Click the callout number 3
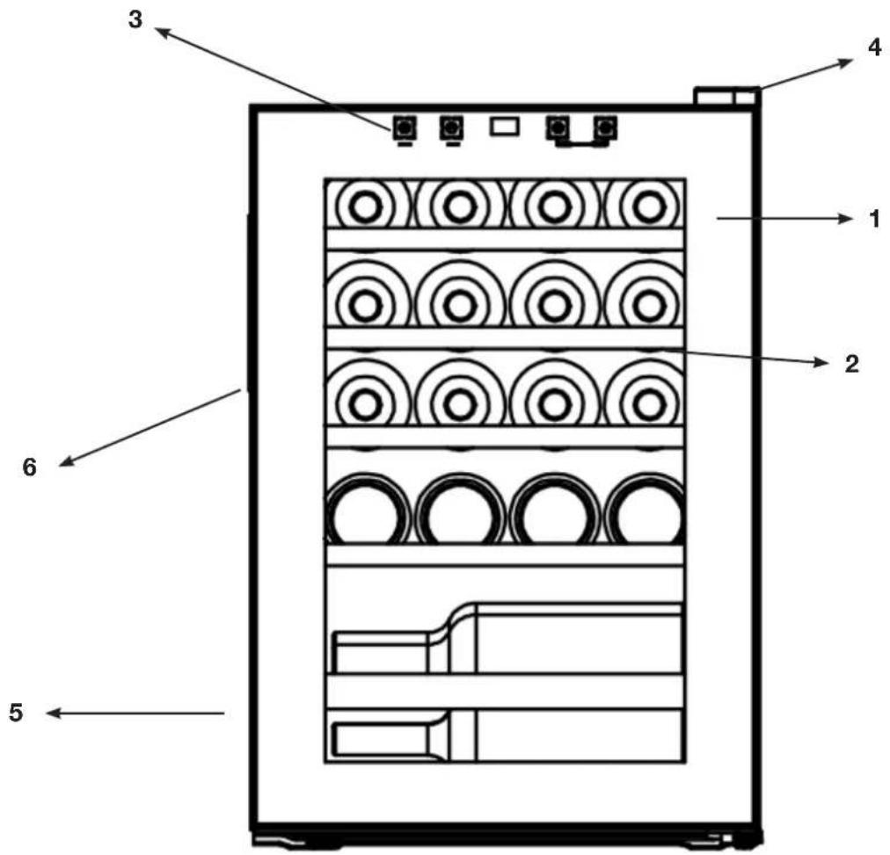tap(135, 20)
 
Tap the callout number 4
tap(875, 47)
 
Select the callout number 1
tap(875, 219)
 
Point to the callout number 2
tap(852, 364)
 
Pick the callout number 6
tap(30, 467)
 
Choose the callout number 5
tap(16, 713)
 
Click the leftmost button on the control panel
tap(404, 128)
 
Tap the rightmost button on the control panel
tap(606, 128)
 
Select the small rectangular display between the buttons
tap(505, 127)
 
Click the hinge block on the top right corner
tap(727, 96)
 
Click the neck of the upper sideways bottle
tap(380, 652)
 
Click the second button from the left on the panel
tap(451, 128)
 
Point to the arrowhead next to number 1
tap(846, 219)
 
